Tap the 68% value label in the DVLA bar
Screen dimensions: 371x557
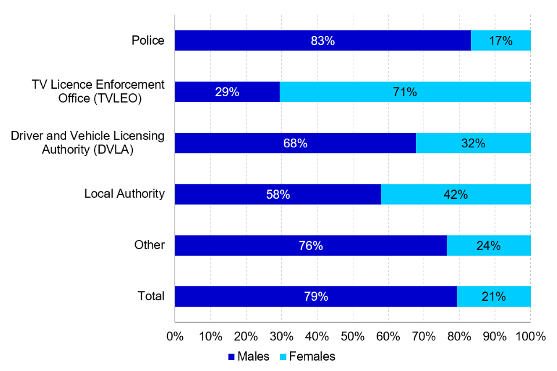coord(295,143)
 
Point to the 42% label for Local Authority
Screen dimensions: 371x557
coord(455,194)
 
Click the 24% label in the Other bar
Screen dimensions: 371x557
coord(488,245)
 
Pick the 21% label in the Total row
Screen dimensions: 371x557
coord(493,296)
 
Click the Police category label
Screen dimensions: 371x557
coord(147,41)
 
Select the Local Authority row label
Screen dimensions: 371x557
coord(124,194)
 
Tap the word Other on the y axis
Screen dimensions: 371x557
coord(150,245)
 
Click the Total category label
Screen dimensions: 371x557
coord(151,296)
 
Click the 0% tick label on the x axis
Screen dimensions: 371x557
coord(175,336)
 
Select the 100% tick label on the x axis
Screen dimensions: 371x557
coord(530,336)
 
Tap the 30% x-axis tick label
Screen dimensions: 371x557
coord(281,336)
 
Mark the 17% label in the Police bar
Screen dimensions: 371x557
coord(500,41)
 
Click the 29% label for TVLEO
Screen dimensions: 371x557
coord(227,92)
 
